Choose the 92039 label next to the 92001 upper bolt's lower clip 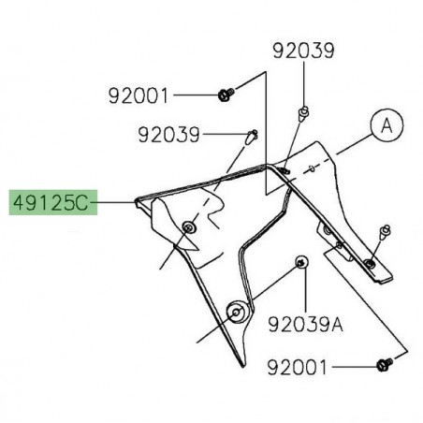point(168,136)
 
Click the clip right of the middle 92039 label point(250,137)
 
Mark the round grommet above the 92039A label point(299,261)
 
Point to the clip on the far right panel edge point(385,229)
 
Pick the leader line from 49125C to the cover point(116,201)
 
